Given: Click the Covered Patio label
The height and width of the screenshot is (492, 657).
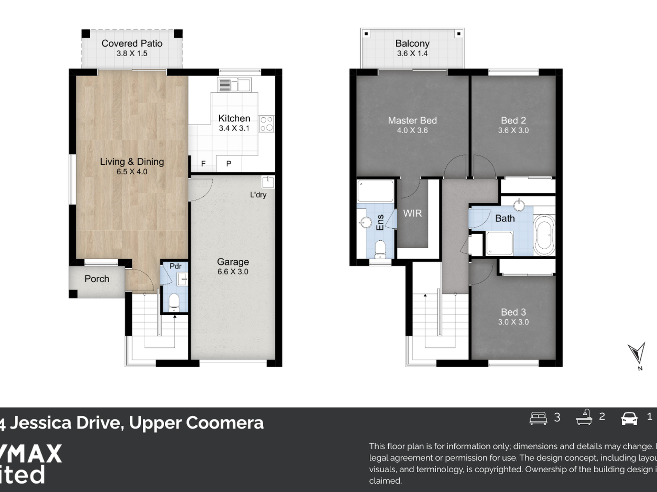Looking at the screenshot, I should coord(132,44).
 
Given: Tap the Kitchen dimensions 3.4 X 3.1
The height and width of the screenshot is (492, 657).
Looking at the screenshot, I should coord(234,128).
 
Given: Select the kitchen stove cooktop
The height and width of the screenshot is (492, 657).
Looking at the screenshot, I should coord(267,124).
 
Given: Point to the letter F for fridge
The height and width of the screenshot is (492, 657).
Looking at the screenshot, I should coord(203,164).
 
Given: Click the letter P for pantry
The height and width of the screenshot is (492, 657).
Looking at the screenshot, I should coord(229,164).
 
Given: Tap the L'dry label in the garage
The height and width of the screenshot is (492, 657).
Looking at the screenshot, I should coord(258,195).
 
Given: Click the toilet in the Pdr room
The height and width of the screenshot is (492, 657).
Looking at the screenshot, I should coord(174,302).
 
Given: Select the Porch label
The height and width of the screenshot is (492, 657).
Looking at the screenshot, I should coord(97,279).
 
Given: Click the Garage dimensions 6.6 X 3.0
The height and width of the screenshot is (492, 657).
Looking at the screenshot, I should coord(233,272).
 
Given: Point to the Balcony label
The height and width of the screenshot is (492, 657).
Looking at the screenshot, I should coord(412,44).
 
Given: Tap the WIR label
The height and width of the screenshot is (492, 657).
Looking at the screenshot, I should coord(412,213).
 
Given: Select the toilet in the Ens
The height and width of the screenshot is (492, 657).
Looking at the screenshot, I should coord(380,249).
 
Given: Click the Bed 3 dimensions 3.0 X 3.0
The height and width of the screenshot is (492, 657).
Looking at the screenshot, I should coord(513,322).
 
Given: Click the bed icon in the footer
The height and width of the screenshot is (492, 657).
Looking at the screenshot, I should coord(538,418).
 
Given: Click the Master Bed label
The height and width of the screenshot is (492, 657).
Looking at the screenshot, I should coord(412,120).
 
